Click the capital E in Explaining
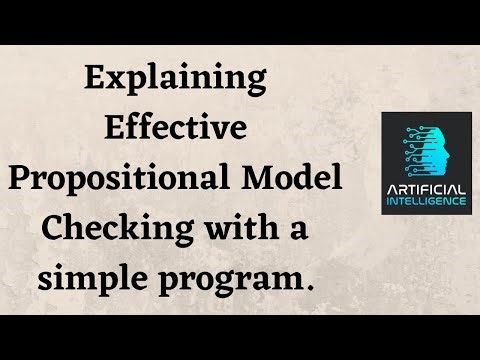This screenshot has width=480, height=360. [x=98, y=77]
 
